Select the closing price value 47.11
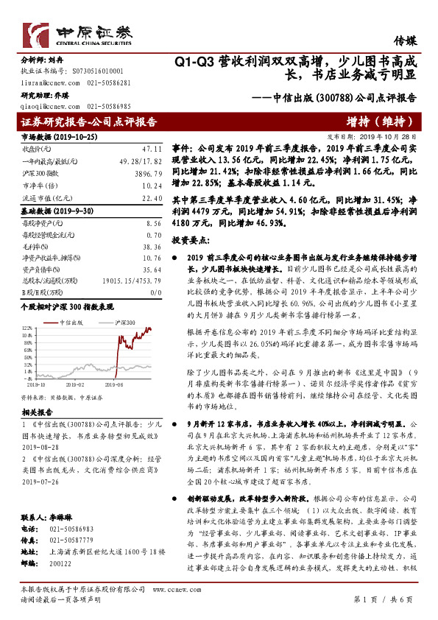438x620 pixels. [x=152, y=148]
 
